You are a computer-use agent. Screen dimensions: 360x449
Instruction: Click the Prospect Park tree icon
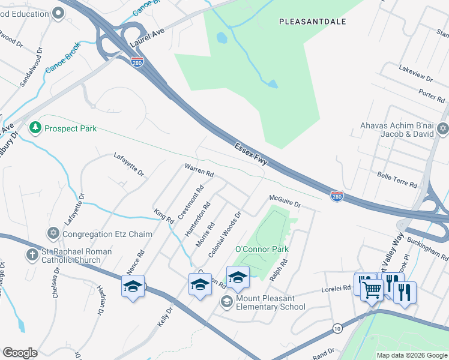click(x=35, y=128)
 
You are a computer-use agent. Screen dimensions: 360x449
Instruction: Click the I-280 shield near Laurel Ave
click(x=137, y=61)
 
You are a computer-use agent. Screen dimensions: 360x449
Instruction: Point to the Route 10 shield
click(x=337, y=328)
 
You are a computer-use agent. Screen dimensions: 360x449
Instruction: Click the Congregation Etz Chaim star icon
click(x=53, y=233)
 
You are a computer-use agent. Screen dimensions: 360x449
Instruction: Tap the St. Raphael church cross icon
click(x=32, y=254)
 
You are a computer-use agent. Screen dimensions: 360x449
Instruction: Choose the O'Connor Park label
click(x=262, y=249)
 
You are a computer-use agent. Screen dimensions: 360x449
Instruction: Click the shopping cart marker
click(x=372, y=291)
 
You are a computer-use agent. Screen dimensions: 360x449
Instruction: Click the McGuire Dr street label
click(x=285, y=202)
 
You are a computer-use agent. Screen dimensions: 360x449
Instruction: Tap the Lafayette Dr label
click(x=129, y=164)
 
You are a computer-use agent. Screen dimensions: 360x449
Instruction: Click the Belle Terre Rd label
click(x=397, y=179)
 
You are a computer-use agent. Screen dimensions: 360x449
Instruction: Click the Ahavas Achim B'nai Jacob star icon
click(x=442, y=128)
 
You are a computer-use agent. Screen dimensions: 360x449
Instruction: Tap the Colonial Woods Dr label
click(x=224, y=235)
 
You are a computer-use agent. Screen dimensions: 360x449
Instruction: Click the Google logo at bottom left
click(x=20, y=353)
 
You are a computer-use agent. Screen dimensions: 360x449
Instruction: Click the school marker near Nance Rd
click(x=133, y=286)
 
